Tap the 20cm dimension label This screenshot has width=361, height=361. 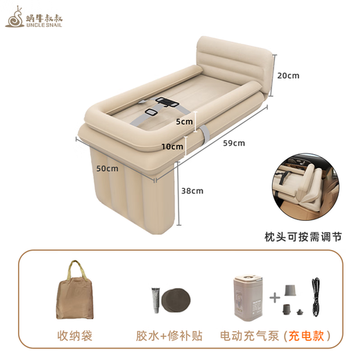click(x=287, y=75)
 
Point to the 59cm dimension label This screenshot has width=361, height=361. click(x=234, y=144)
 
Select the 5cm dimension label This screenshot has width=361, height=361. click(x=184, y=122)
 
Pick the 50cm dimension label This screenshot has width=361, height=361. click(x=107, y=168)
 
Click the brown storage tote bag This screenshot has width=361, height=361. click(x=74, y=292)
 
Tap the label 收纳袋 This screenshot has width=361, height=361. click(x=74, y=336)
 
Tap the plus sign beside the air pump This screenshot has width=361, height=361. click(x=275, y=296)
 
